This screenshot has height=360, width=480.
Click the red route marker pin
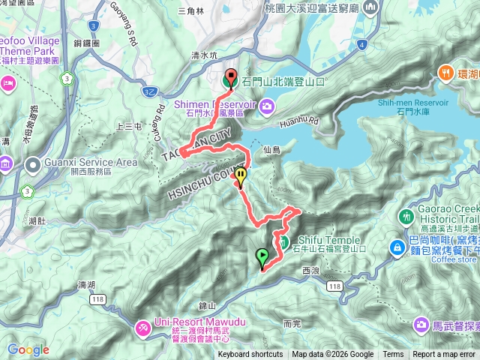(229, 77)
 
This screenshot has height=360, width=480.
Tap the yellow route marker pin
(241, 177)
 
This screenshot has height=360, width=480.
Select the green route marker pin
(262, 259)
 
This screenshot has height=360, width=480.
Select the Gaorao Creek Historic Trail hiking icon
(406, 216)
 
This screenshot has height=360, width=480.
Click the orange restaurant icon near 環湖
(445, 73)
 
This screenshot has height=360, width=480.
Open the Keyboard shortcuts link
(250, 355)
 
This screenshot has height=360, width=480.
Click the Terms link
(393, 355)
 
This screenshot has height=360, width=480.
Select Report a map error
(444, 355)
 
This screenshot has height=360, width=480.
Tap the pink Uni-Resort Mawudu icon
(142, 327)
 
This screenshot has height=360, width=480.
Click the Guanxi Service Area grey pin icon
(33, 163)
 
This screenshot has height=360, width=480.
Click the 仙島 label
(271, 151)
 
